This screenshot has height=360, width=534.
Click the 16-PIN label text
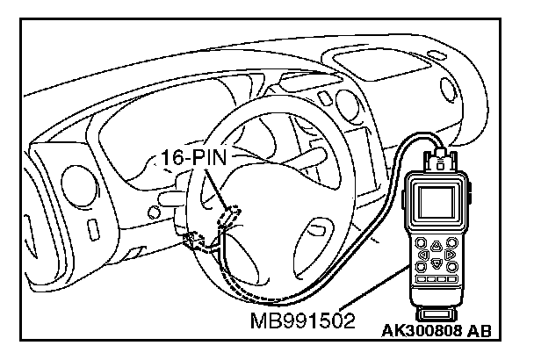[x=195, y=159]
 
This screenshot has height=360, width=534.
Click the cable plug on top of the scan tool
[x=438, y=160]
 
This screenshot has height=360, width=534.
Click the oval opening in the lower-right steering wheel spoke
[x=312, y=235]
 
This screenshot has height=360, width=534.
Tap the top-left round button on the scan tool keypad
[x=422, y=245]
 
